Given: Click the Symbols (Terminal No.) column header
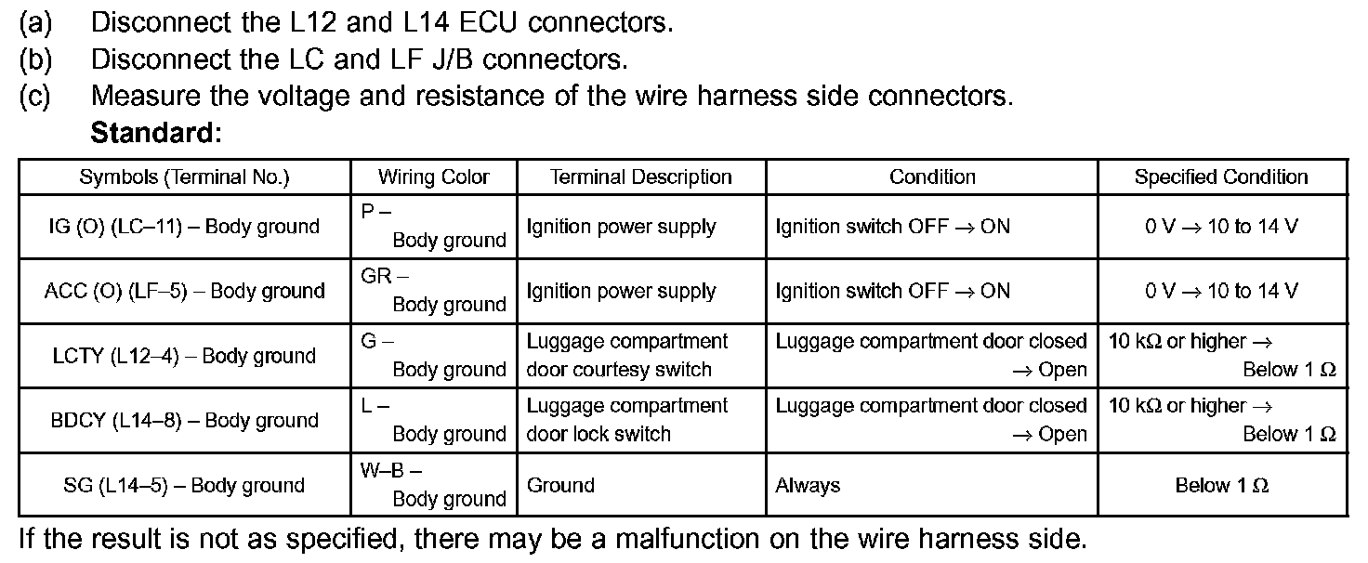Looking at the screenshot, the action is [x=184, y=177].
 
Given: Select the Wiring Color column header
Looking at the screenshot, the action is [x=433, y=177].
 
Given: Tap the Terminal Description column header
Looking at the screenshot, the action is [x=640, y=177].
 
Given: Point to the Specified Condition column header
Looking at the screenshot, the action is [x=1220, y=177].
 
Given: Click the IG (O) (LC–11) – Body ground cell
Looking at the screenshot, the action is [x=184, y=227].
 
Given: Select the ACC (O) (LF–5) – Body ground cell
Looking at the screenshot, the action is [x=184, y=291].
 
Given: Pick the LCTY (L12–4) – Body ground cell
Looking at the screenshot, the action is [x=184, y=356].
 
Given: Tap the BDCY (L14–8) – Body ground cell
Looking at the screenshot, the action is [x=184, y=420].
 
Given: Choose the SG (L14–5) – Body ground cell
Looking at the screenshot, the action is [x=184, y=485].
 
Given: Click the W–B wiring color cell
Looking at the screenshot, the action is [x=433, y=485].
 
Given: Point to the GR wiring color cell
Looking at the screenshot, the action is [x=433, y=291].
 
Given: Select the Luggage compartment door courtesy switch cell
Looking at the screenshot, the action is [x=640, y=356].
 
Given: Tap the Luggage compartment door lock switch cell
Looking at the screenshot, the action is [x=640, y=420].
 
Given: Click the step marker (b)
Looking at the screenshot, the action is [x=35, y=59].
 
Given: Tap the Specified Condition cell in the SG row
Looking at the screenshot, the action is [x=1220, y=485].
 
